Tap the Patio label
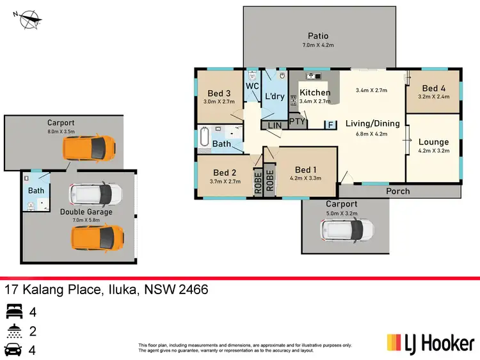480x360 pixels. (x=318, y=36)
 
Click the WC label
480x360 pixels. (x=252, y=86)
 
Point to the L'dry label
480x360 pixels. (x=274, y=96)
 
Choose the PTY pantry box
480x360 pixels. (x=297, y=120)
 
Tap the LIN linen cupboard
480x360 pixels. (x=275, y=125)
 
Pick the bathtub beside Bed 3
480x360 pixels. (x=204, y=137)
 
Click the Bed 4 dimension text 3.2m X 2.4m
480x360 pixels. (x=433, y=97)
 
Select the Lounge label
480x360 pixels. (x=433, y=142)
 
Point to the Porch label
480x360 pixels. (x=398, y=191)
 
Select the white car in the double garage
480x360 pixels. (x=95, y=192)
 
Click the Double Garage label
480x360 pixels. (x=86, y=212)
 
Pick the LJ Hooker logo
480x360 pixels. (x=429, y=343)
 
